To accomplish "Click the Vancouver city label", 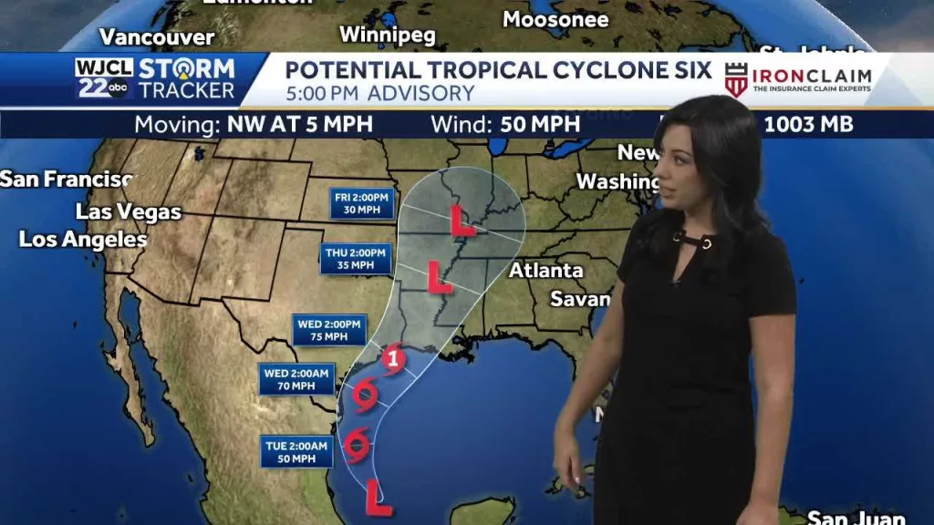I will [156, 37].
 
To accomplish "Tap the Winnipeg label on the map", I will [388, 35].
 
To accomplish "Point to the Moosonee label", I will [555, 19].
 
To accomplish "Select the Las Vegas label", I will [129, 212].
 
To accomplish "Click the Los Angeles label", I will [83, 240].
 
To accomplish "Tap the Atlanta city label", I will [545, 271].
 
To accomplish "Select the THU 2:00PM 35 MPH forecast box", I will [355, 259].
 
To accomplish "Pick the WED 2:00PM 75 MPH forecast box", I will [329, 329].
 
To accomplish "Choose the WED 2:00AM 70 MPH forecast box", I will [297, 379].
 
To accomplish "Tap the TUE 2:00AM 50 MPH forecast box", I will [296, 451].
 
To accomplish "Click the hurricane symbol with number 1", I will [392, 358].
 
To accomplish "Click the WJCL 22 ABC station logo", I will [104, 78].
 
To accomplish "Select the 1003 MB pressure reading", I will [808, 125].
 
